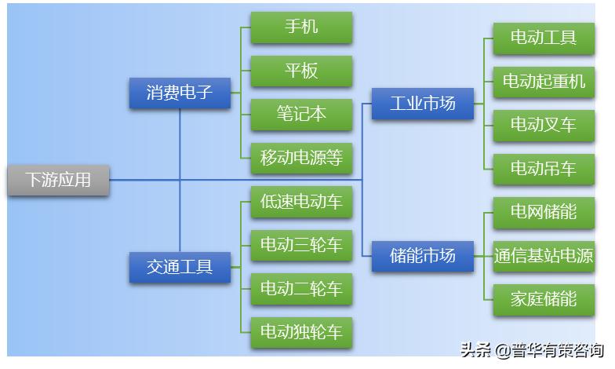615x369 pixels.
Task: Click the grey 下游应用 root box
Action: point(58,180)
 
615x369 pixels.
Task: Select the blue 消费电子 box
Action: point(180,93)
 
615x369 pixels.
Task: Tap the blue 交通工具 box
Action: point(180,267)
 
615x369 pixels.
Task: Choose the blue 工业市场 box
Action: point(423,104)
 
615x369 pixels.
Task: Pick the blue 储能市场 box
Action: point(423,256)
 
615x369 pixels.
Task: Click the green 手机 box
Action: point(301,27)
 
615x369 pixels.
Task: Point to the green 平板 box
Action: point(301,71)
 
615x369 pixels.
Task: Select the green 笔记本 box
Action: point(301,114)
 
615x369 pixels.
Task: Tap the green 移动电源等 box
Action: point(301,158)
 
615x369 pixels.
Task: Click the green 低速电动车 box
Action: point(301,202)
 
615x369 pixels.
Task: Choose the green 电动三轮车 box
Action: point(301,245)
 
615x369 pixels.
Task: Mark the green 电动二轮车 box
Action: point(301,289)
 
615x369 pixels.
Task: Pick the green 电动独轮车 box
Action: point(301,332)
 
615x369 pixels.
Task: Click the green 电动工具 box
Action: point(544,38)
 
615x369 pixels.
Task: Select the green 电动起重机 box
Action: point(544,82)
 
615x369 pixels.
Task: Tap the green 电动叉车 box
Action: point(544,125)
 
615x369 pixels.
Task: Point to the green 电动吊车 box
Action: point(544,169)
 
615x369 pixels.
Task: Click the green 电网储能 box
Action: point(544,212)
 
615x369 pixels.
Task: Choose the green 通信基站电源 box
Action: point(544,256)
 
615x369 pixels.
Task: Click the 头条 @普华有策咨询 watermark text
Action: point(532,350)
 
